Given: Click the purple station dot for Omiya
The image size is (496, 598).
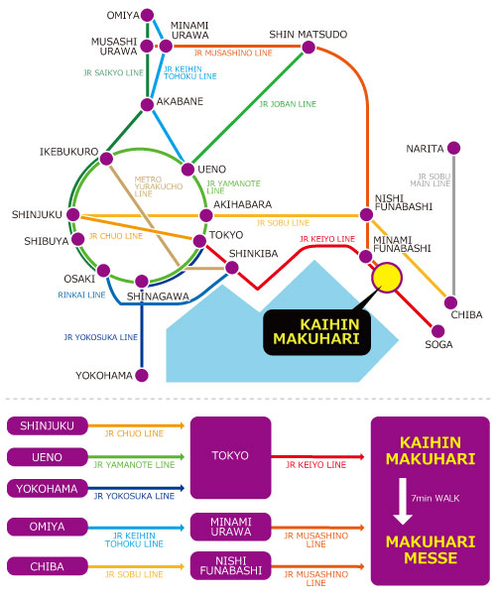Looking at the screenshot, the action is pyautogui.click(x=147, y=15).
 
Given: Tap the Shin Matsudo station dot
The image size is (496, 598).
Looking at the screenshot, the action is pyautogui.click(x=309, y=48).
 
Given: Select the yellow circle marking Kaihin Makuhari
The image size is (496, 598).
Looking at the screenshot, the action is pyautogui.click(x=387, y=278).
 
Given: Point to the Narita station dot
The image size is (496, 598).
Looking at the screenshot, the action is pyautogui.click(x=453, y=148).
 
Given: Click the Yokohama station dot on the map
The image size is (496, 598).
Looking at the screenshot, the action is pyautogui.click(x=142, y=375).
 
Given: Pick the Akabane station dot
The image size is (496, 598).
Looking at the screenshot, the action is pyautogui.click(x=147, y=104).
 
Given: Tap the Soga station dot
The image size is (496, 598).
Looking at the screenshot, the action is pyautogui.click(x=438, y=331).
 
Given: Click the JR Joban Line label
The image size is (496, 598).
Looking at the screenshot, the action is pyautogui.click(x=288, y=104).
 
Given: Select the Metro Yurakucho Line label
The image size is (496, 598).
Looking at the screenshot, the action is pyautogui.click(x=159, y=186).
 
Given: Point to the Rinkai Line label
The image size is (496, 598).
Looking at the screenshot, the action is pyautogui.click(x=81, y=295).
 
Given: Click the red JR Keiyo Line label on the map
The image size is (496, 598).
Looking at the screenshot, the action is pyautogui.click(x=327, y=239).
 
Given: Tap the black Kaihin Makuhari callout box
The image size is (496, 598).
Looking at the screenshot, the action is pyautogui.click(x=316, y=332).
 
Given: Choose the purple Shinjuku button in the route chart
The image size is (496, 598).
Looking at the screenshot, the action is pyautogui.click(x=48, y=426).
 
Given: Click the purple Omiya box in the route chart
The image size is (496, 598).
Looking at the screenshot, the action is pyautogui.click(x=48, y=527).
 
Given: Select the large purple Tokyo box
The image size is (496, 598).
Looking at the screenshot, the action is pyautogui.click(x=231, y=457).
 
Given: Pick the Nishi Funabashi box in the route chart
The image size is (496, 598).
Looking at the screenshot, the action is pyautogui.click(x=231, y=565).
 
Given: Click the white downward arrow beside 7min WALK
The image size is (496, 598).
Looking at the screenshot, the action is pyautogui.click(x=403, y=502).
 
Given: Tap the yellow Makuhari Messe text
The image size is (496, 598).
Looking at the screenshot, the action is pyautogui.click(x=431, y=550).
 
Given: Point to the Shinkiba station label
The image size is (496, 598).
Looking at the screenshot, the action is pyautogui.click(x=253, y=254).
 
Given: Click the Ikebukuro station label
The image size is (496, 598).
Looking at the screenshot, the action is pyautogui.click(x=69, y=152).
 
